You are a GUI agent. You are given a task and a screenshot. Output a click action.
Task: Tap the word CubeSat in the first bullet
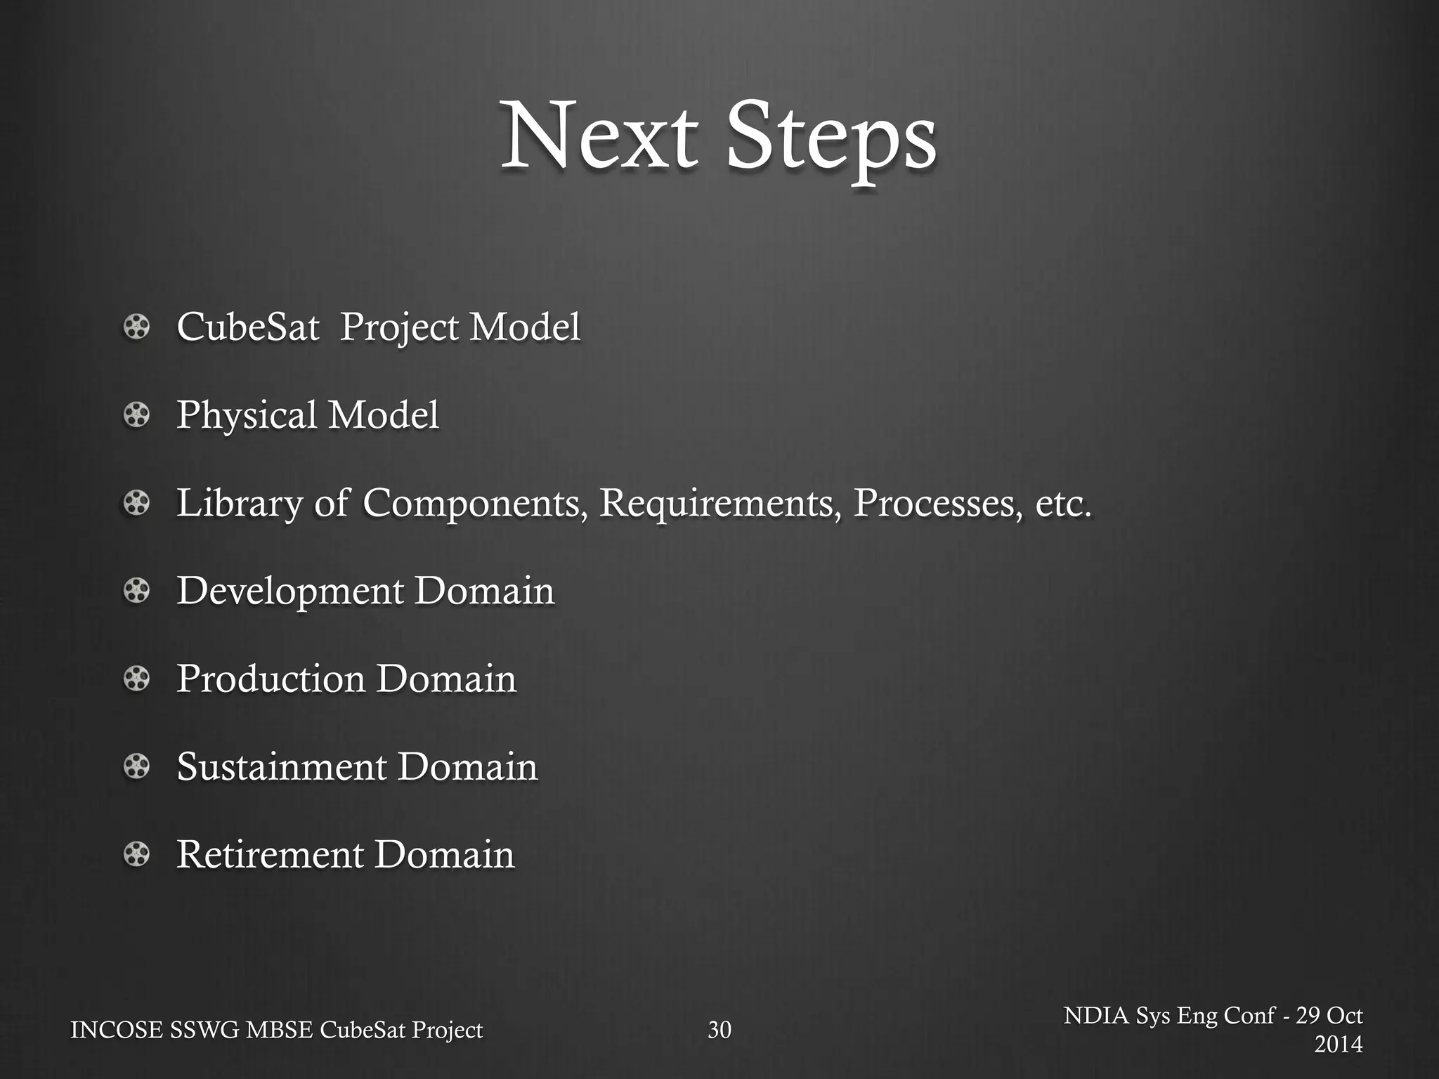tap(247, 327)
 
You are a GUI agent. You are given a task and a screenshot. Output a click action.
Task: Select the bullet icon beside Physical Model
tap(136, 415)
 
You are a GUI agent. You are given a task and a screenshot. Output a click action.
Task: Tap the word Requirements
tap(719, 504)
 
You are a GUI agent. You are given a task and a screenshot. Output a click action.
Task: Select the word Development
tap(289, 591)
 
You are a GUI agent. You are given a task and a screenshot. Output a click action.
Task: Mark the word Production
tap(271, 679)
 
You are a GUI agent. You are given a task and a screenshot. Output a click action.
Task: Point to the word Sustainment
tap(281, 767)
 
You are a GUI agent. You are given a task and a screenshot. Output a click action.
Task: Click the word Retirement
tap(269, 855)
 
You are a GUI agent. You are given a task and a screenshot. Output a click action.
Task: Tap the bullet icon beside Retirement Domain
tap(136, 855)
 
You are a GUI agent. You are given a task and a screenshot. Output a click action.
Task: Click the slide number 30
tap(719, 1030)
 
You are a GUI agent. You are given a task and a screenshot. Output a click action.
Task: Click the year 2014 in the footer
tap(1338, 1044)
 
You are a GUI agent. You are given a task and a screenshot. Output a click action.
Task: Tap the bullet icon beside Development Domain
tap(136, 591)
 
